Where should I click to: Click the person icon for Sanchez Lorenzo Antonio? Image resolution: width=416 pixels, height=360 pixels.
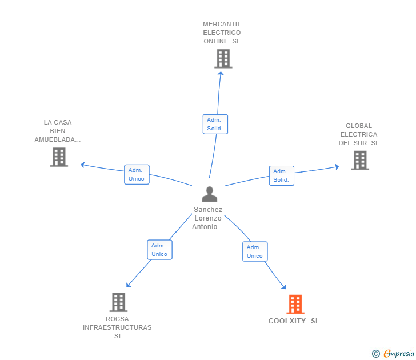pyautogui.click(x=210, y=194)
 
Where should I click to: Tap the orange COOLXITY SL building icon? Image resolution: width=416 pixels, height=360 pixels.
pyautogui.click(x=295, y=305)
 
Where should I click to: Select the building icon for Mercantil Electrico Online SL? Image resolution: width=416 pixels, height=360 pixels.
pyautogui.click(x=223, y=58)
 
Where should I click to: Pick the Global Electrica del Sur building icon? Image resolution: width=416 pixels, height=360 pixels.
pyautogui.click(x=360, y=160)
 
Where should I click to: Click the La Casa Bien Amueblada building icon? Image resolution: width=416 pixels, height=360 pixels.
pyautogui.click(x=59, y=157)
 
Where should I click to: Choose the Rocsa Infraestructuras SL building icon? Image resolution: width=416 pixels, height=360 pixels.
pyautogui.click(x=118, y=302)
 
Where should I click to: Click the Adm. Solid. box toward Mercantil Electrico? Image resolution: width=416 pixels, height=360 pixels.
pyautogui.click(x=215, y=124)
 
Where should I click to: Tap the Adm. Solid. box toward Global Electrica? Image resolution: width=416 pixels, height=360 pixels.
pyautogui.click(x=281, y=175)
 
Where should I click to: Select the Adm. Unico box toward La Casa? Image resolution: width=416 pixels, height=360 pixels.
pyautogui.click(x=137, y=174)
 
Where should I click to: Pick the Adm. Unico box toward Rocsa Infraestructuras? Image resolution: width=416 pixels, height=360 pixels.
pyautogui.click(x=159, y=250)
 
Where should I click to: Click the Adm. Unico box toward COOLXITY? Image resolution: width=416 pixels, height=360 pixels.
pyautogui.click(x=255, y=251)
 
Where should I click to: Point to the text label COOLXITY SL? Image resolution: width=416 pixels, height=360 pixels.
pyautogui.click(x=294, y=321)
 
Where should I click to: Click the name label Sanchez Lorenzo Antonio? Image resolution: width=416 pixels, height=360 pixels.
pyautogui.click(x=208, y=218)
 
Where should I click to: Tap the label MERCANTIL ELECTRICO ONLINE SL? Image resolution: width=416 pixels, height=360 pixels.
pyautogui.click(x=222, y=33)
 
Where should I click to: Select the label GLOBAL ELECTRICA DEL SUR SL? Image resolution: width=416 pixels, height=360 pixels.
pyautogui.click(x=359, y=134)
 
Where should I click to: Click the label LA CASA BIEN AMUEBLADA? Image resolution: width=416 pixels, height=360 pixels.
pyautogui.click(x=58, y=131)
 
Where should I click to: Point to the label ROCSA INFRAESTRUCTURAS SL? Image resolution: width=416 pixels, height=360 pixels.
pyautogui.click(x=118, y=327)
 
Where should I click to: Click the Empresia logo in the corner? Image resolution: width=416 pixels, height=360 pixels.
pyautogui.click(x=399, y=354)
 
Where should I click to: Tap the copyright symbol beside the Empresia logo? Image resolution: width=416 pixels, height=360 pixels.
pyautogui.click(x=375, y=354)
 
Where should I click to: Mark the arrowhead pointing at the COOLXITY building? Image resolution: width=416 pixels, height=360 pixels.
pyautogui.click(x=283, y=287)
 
